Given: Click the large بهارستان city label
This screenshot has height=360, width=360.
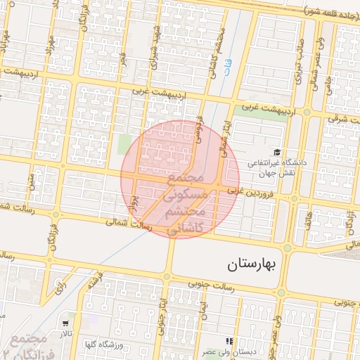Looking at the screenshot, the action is pos(254,265).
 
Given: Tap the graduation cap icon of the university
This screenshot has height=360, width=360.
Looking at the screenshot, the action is pos(277,152).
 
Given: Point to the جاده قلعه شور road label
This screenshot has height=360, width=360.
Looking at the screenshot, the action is pos(331,11).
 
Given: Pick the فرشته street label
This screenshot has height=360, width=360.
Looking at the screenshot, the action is pos(91,281).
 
